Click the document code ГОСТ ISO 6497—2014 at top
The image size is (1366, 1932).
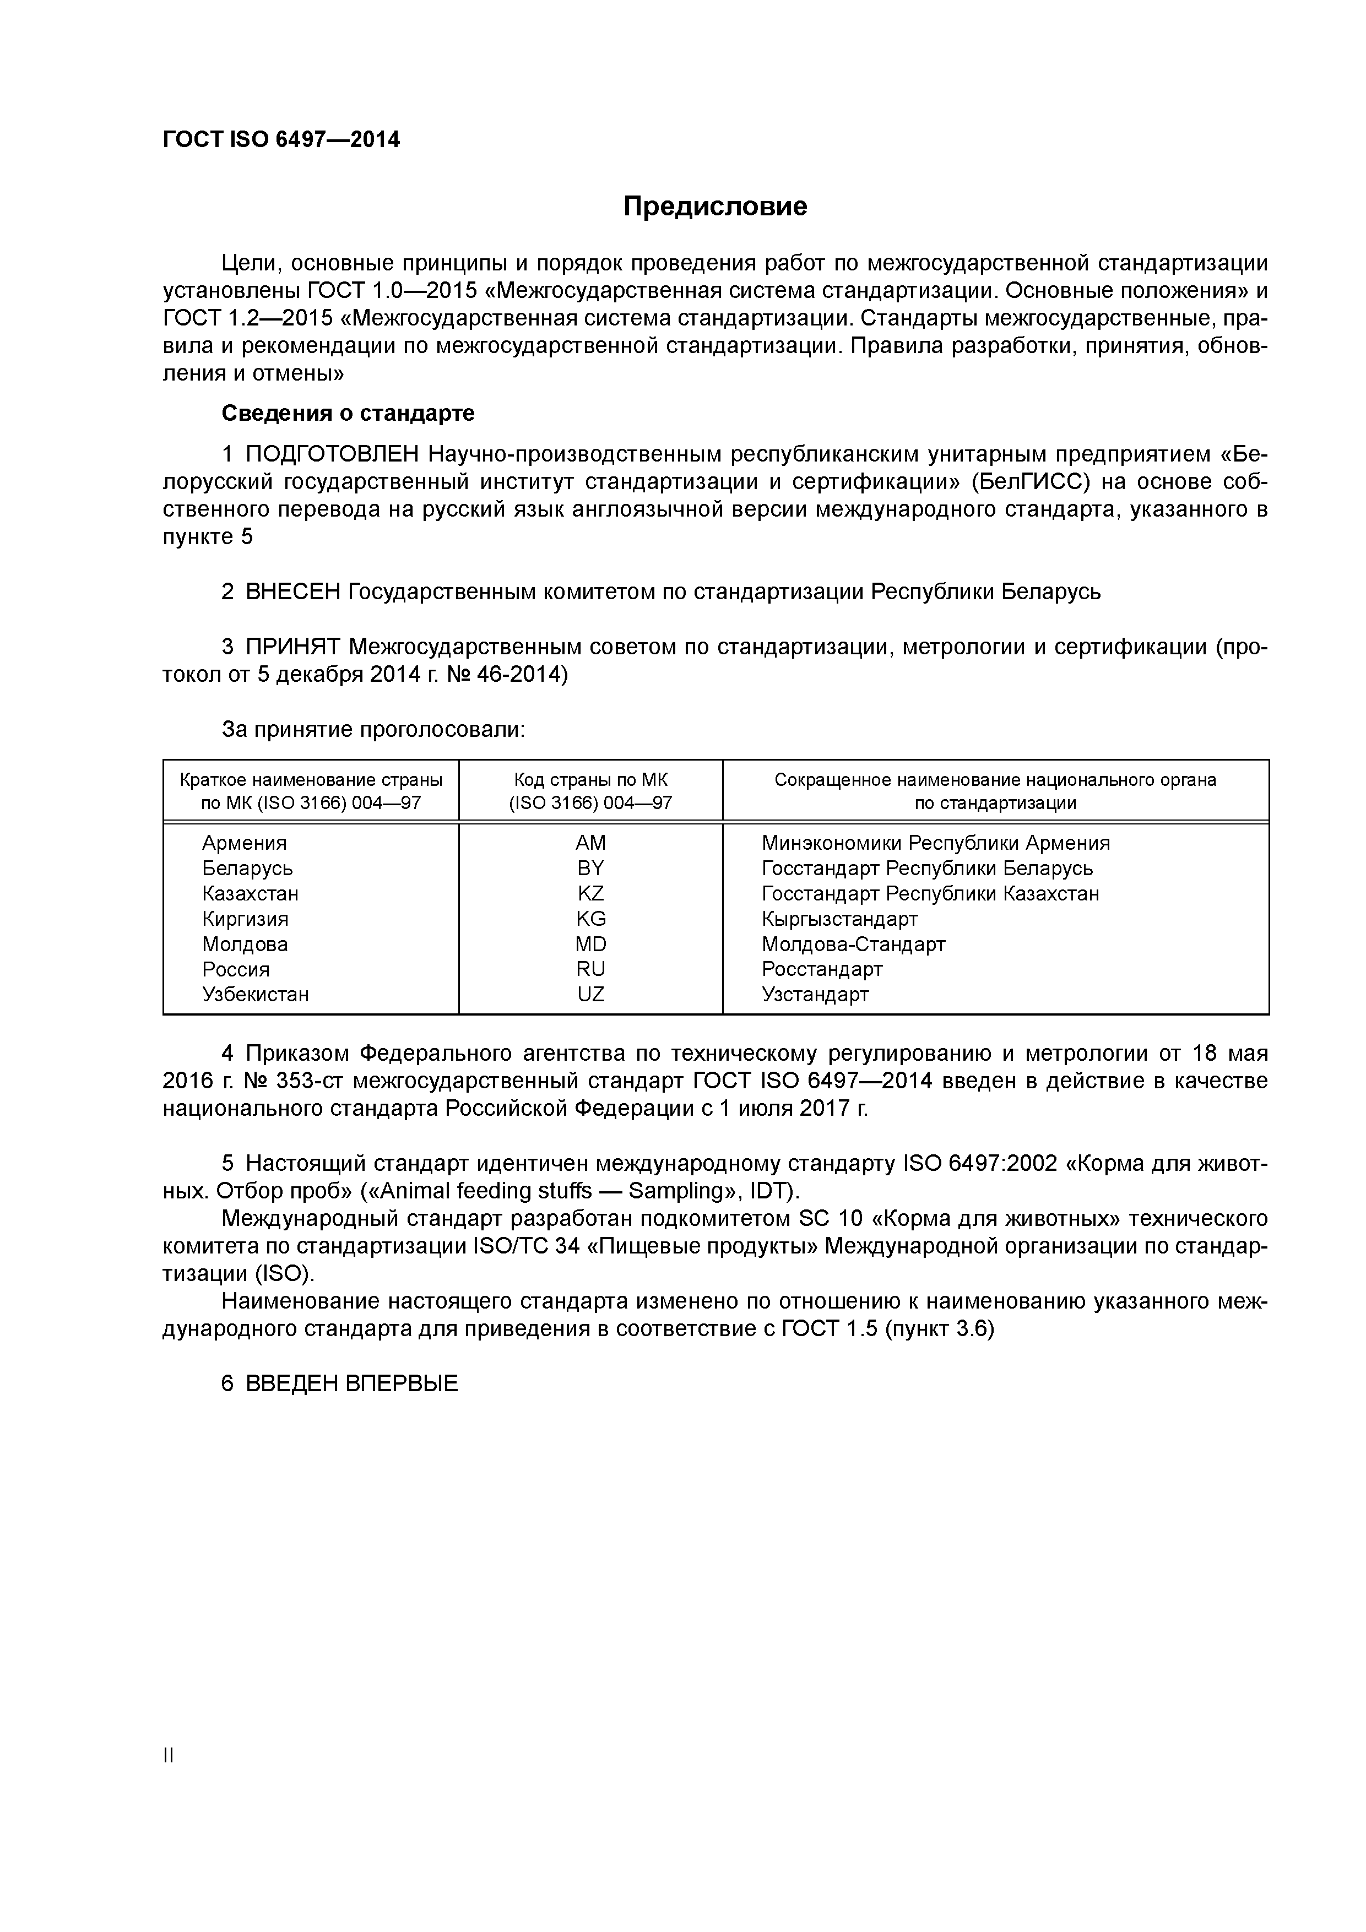point(281,140)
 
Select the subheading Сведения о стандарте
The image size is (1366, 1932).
point(348,413)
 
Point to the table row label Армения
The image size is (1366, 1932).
point(244,843)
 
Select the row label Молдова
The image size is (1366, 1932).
point(245,944)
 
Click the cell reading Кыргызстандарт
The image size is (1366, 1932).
point(839,919)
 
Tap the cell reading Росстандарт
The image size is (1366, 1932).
point(821,969)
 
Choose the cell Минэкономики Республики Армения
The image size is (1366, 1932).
point(935,843)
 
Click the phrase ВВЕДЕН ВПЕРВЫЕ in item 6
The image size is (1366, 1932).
point(351,1384)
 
